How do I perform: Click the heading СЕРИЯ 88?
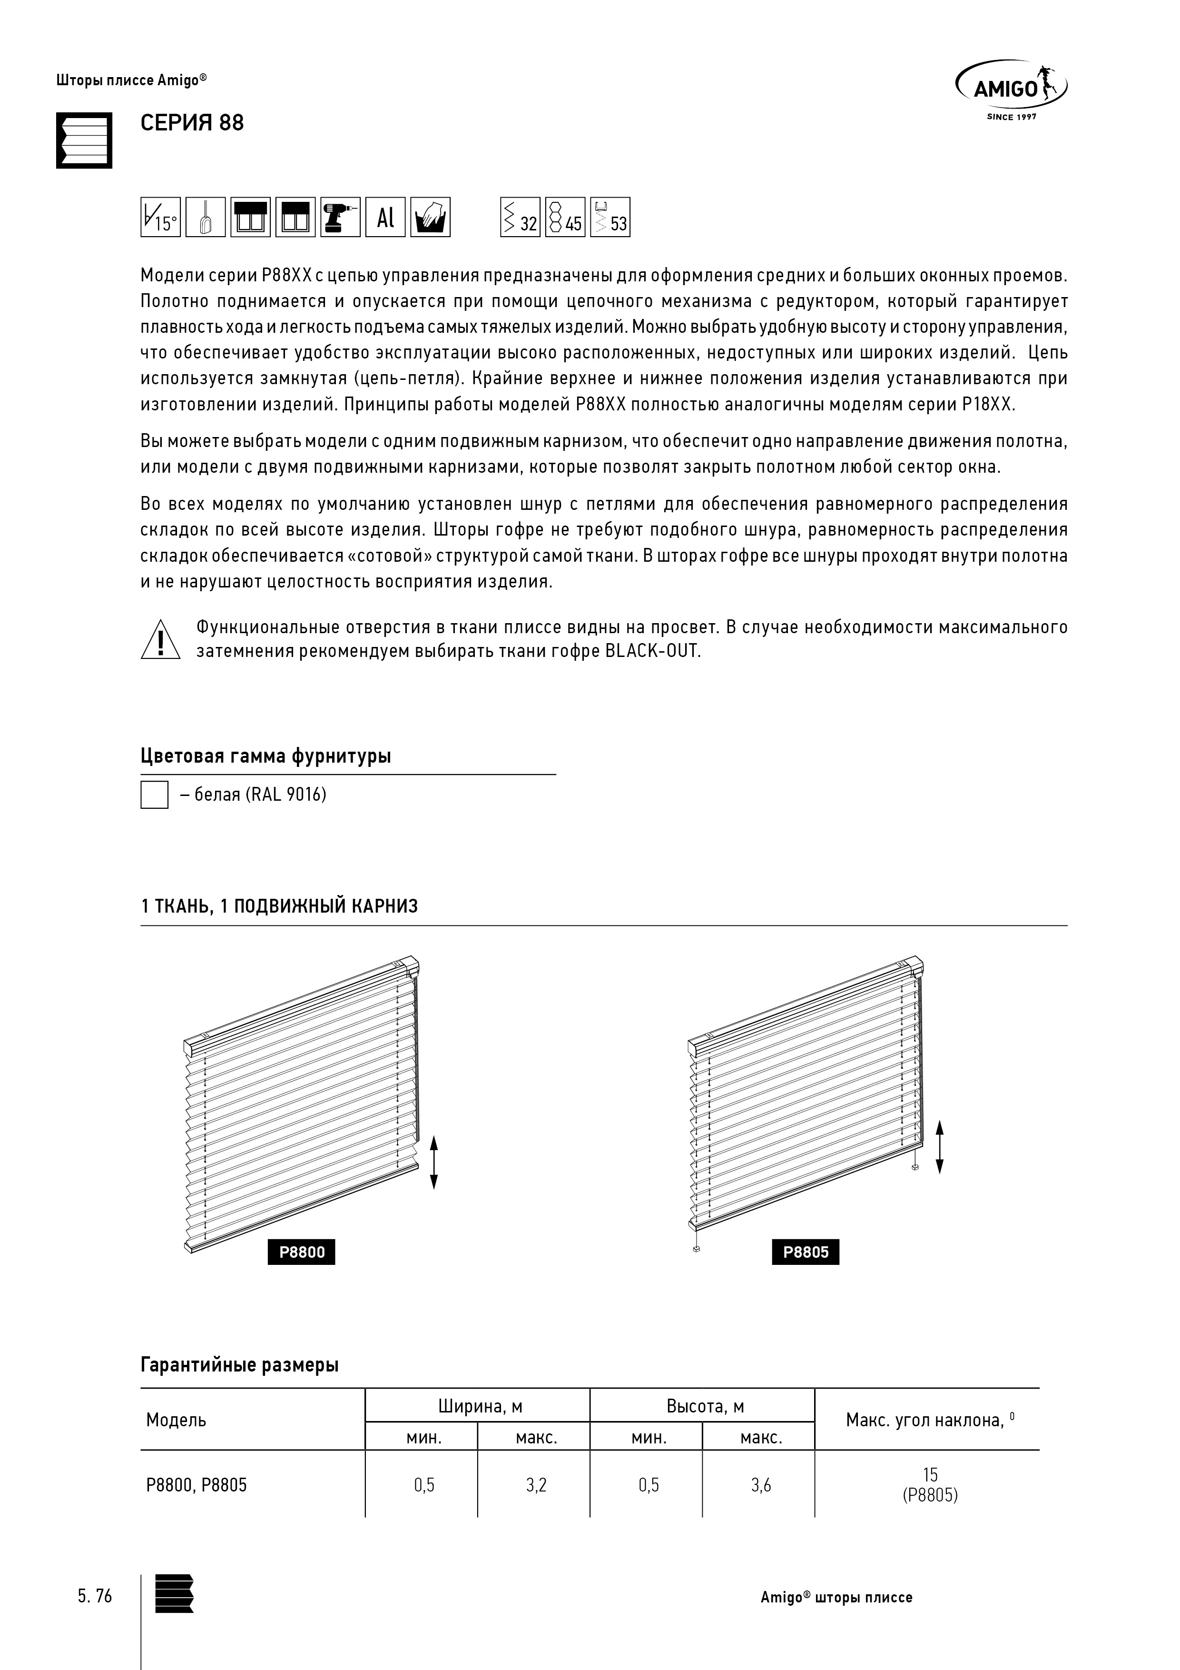point(192,123)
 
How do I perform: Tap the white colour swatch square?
point(154,795)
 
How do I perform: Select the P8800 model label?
point(302,1252)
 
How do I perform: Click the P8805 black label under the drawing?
point(806,1252)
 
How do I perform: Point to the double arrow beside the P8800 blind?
point(434,1162)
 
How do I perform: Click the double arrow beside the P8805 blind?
point(939,1147)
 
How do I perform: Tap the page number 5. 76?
point(95,1596)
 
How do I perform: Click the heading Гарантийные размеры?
point(239,1365)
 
